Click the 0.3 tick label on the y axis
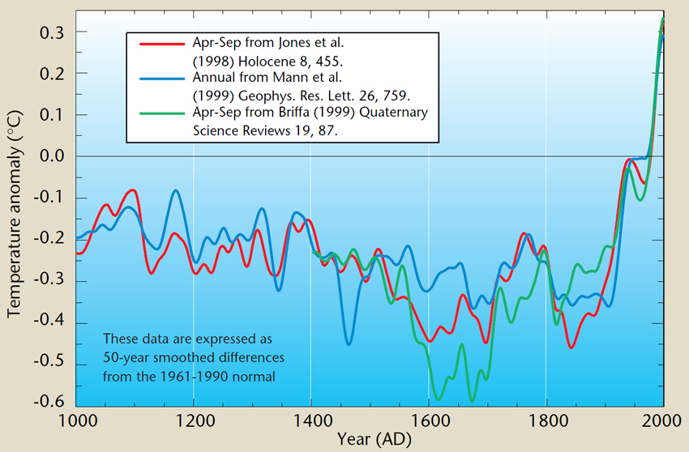[x=53, y=32]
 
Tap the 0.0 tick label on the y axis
[x=53, y=156]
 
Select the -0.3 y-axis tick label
[x=51, y=281]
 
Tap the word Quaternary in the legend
[x=392, y=113]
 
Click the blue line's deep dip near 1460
[x=349, y=344]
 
